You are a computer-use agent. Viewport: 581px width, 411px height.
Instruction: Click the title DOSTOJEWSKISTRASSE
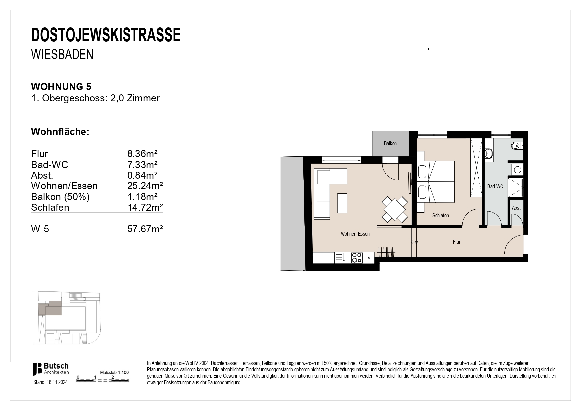tap(106, 35)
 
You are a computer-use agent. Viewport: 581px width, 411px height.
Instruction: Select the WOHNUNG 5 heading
tap(61, 87)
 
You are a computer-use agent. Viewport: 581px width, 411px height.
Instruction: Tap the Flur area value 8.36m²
tap(142, 154)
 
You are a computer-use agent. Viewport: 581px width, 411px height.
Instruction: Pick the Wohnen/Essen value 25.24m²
tap(145, 186)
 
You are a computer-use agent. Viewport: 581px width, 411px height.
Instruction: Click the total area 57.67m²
tap(145, 229)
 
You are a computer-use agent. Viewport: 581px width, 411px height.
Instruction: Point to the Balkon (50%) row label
tap(60, 197)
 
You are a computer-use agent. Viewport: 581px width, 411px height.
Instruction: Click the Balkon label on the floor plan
tap(390, 144)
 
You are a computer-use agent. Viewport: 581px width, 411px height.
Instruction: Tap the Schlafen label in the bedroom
tap(440, 216)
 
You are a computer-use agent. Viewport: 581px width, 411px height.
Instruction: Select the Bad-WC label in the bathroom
tap(495, 187)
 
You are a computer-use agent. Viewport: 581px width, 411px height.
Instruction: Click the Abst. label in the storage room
tap(516, 208)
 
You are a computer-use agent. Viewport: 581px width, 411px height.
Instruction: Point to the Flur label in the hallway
tap(457, 242)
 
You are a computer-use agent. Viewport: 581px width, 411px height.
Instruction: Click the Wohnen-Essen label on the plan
tap(355, 234)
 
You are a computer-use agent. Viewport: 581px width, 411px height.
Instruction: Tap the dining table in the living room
tap(394, 209)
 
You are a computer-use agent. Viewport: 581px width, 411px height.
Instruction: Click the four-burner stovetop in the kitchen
tap(356, 258)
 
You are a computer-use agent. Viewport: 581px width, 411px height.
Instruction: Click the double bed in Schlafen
tap(436, 181)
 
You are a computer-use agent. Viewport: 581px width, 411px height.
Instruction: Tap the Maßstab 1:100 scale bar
tap(103, 381)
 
